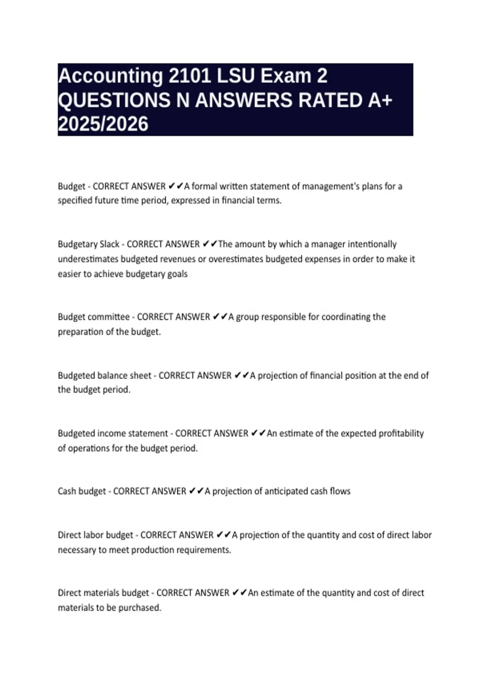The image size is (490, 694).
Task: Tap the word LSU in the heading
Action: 235,76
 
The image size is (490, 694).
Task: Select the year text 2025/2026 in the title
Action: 103,125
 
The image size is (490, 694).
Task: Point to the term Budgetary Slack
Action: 89,244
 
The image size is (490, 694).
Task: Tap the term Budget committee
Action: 94,317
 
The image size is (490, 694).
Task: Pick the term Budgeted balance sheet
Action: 105,375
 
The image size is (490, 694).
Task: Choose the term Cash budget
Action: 82,491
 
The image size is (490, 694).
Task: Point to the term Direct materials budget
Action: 103,593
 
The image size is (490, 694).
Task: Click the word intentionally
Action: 372,244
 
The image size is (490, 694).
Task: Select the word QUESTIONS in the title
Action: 114,100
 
